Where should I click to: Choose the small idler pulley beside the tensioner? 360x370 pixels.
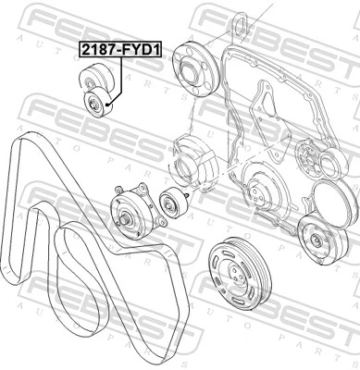coord(170,202)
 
